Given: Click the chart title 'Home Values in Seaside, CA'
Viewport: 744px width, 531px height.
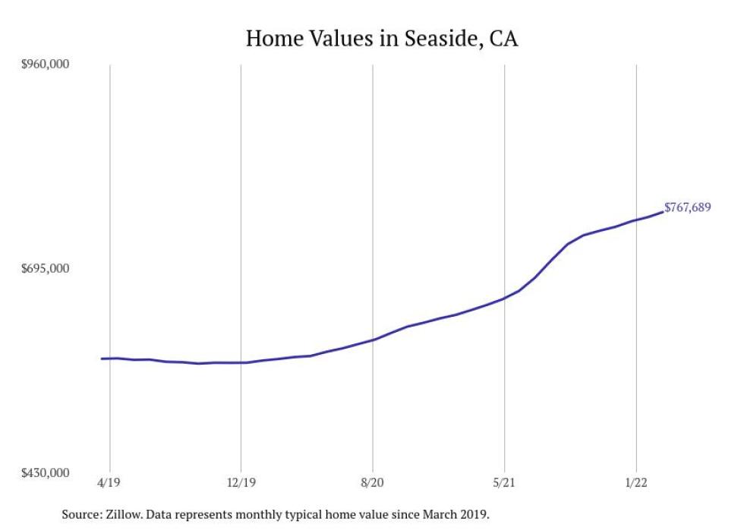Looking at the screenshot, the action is [x=381, y=39].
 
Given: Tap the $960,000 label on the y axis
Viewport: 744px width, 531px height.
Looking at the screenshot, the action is [x=45, y=64].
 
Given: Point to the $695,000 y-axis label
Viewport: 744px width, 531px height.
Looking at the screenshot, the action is [x=45, y=268].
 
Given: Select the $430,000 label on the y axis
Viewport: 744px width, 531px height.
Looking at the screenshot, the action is [x=45, y=473].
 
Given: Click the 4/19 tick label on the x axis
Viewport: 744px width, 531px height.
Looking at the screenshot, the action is [x=109, y=482].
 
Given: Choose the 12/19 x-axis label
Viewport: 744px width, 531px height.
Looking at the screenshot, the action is [x=241, y=482].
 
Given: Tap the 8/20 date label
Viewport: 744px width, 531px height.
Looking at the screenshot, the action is [x=373, y=482].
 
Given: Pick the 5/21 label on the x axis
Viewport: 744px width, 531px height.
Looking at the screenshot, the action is [x=504, y=482].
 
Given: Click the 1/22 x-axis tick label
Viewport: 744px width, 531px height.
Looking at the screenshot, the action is [x=636, y=482].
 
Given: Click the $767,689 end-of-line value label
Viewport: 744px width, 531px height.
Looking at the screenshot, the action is [x=688, y=207].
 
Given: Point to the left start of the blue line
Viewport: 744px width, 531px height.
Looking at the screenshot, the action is [x=102, y=359].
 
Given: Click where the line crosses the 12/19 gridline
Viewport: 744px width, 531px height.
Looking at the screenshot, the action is [x=241, y=363].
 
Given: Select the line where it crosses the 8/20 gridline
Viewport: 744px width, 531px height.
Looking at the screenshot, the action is [x=373, y=340].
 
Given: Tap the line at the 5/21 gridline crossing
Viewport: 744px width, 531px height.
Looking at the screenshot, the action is [x=504, y=299].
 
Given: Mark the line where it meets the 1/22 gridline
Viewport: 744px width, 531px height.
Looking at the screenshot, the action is [x=636, y=220].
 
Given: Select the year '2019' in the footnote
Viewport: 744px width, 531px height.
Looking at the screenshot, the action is [x=475, y=515].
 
